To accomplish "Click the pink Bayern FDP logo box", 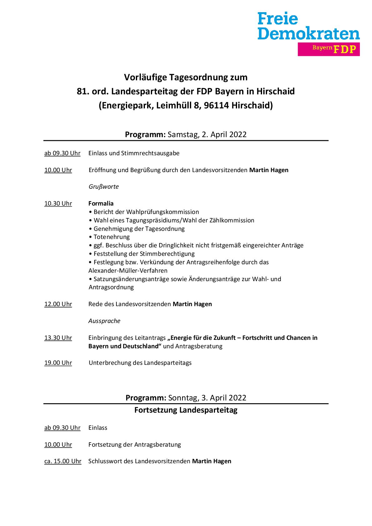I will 328,49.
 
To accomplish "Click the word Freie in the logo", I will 278,19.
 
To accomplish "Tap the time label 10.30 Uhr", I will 58,204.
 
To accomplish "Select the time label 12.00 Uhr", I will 58,304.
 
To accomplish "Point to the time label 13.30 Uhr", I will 58,338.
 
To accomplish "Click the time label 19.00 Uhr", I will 58,363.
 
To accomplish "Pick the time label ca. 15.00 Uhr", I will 63,461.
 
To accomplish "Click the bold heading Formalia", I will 101,204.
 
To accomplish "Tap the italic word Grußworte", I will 104,187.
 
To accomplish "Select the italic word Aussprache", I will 104,321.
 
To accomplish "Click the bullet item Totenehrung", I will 112,237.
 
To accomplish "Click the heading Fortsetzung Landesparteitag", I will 186,410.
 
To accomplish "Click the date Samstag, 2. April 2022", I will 207,135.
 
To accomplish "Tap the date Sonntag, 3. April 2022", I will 207,398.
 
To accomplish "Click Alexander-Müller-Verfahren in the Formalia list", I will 128,271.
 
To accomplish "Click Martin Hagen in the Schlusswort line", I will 211,461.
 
